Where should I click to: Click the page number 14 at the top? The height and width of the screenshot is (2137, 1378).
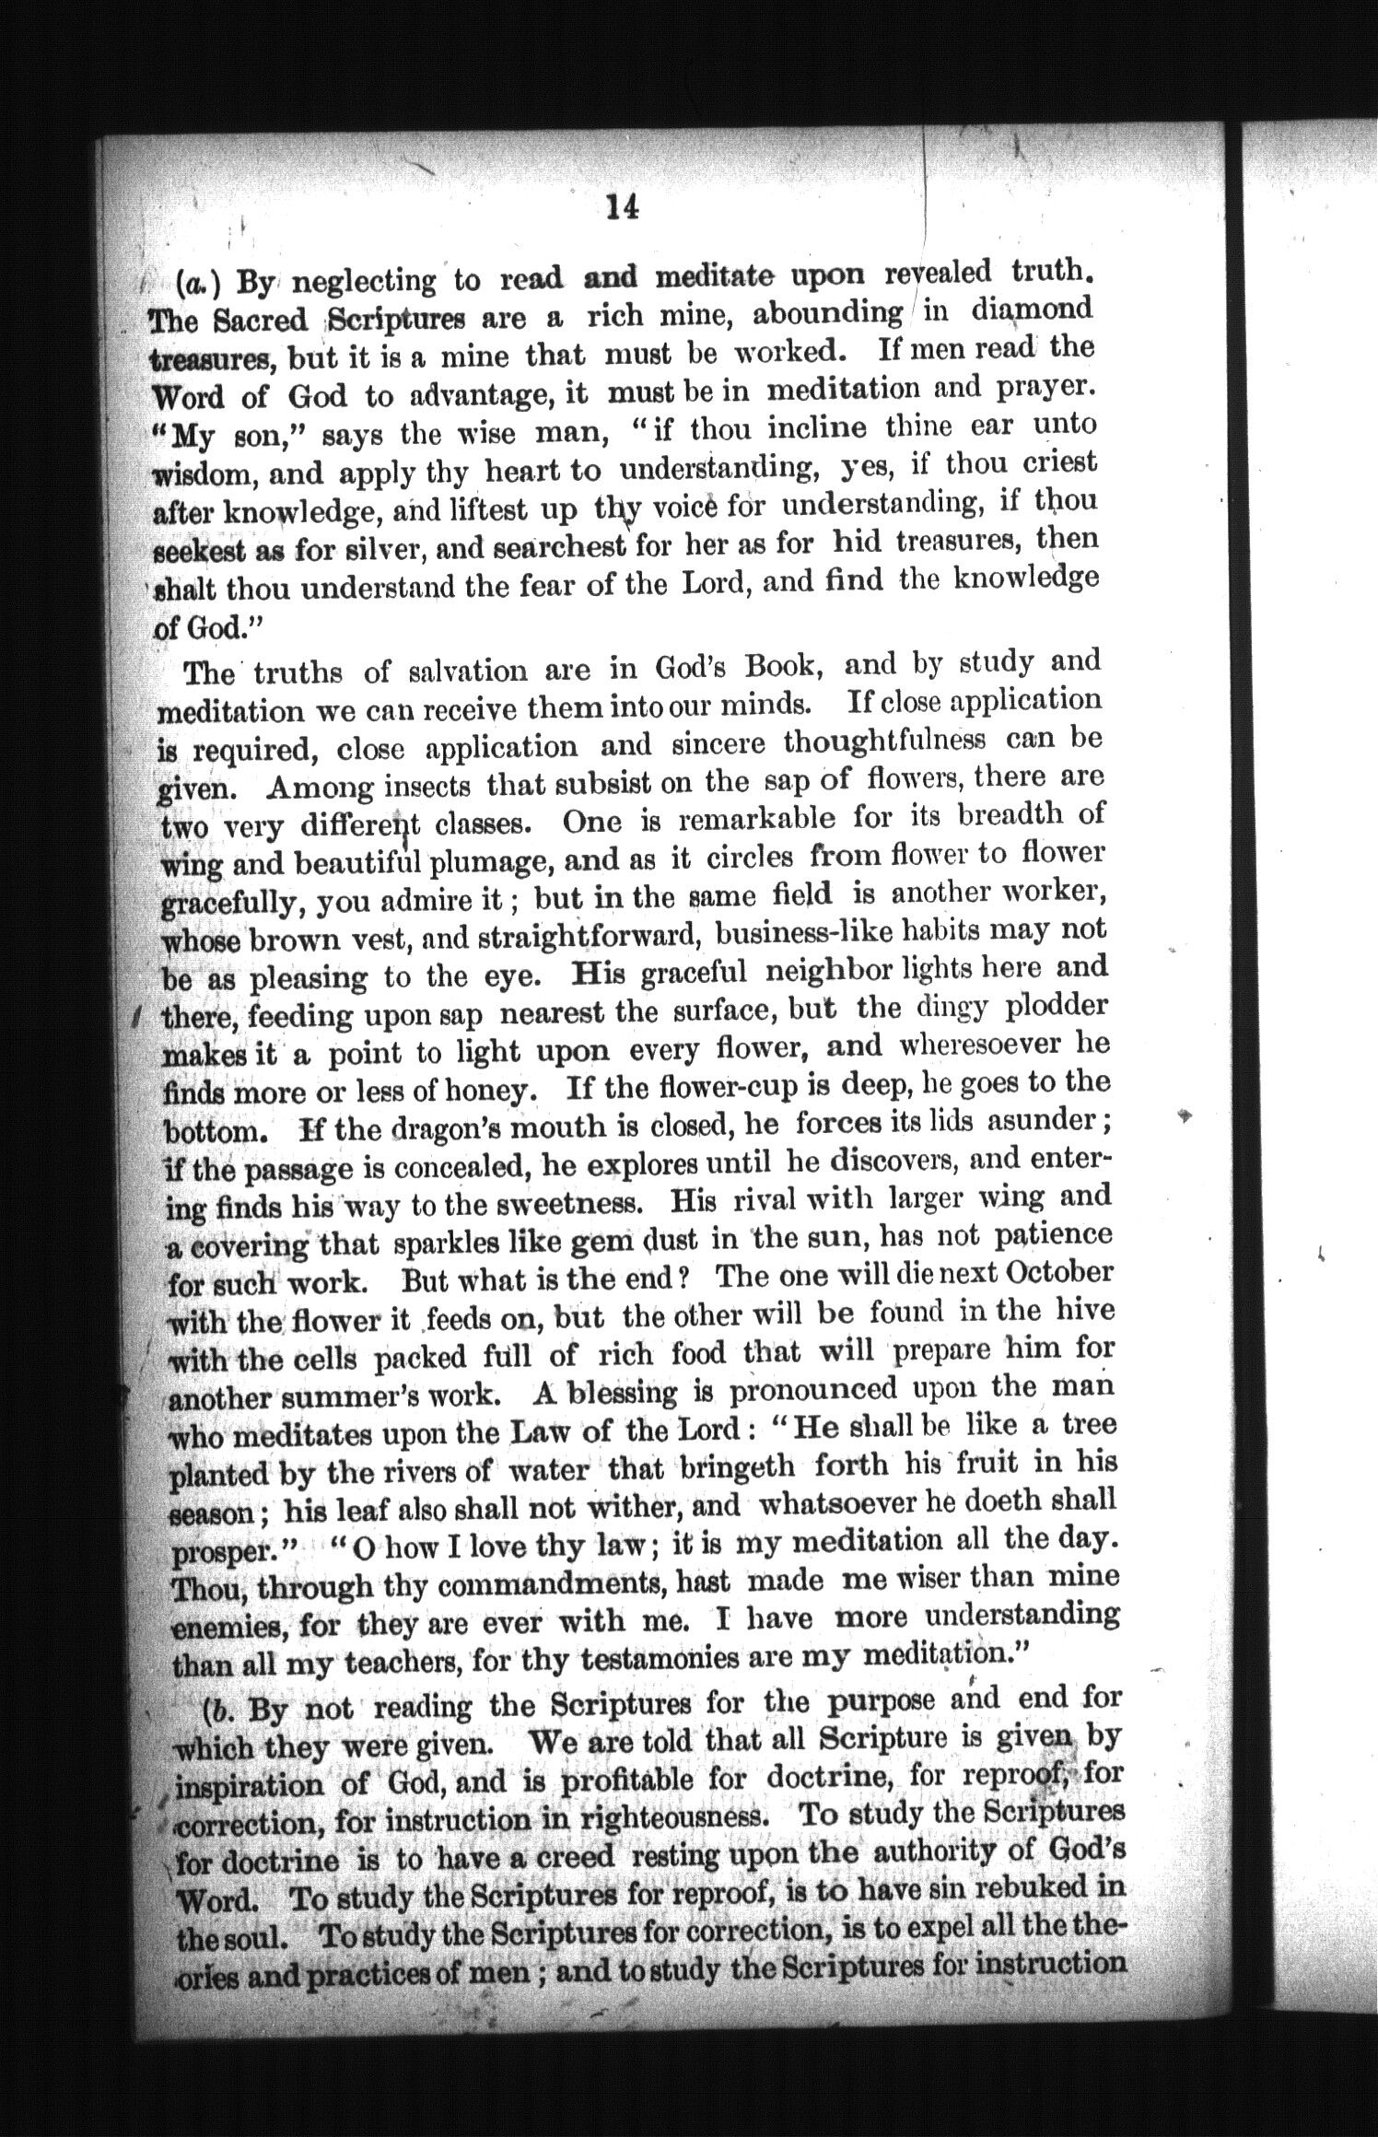623,208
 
